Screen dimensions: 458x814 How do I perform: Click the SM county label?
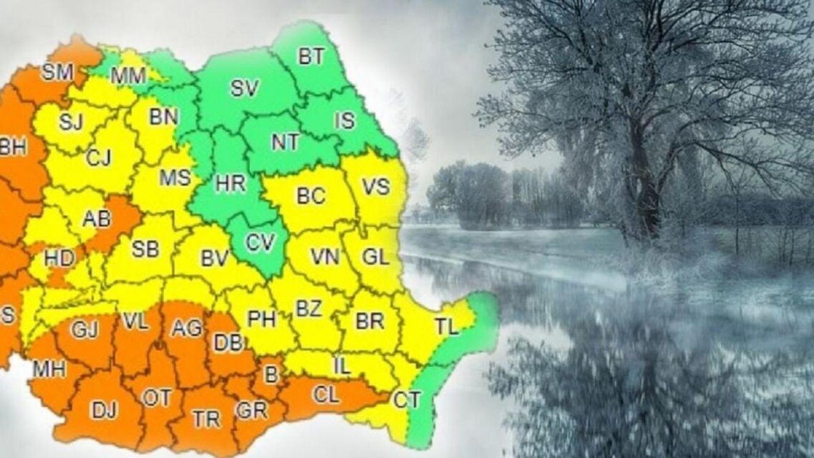(x=57, y=73)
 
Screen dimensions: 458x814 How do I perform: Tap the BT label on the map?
(x=311, y=57)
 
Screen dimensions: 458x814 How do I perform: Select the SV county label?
(x=244, y=88)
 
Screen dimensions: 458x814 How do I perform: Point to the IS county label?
(x=345, y=120)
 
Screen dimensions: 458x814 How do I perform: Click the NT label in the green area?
(x=285, y=142)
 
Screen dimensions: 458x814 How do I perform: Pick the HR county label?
(x=231, y=183)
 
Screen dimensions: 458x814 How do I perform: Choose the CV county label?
(x=260, y=242)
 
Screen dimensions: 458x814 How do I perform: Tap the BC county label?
(x=311, y=196)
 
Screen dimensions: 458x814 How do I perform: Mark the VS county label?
(x=376, y=186)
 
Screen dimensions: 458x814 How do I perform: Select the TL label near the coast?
(x=446, y=327)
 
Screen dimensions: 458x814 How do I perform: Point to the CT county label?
(x=407, y=400)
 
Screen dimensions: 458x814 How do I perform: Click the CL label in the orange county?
(x=326, y=395)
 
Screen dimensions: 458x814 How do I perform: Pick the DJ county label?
(x=104, y=409)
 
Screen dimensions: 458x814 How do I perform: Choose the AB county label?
(x=97, y=218)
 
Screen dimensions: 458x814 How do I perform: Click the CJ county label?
(x=98, y=158)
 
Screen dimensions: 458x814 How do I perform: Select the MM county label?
(x=128, y=76)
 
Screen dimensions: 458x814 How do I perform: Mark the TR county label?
(x=206, y=419)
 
